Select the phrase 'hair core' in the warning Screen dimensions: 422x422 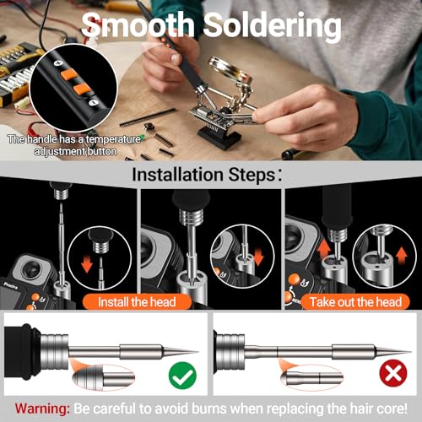pyautogui.click(x=379, y=406)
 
